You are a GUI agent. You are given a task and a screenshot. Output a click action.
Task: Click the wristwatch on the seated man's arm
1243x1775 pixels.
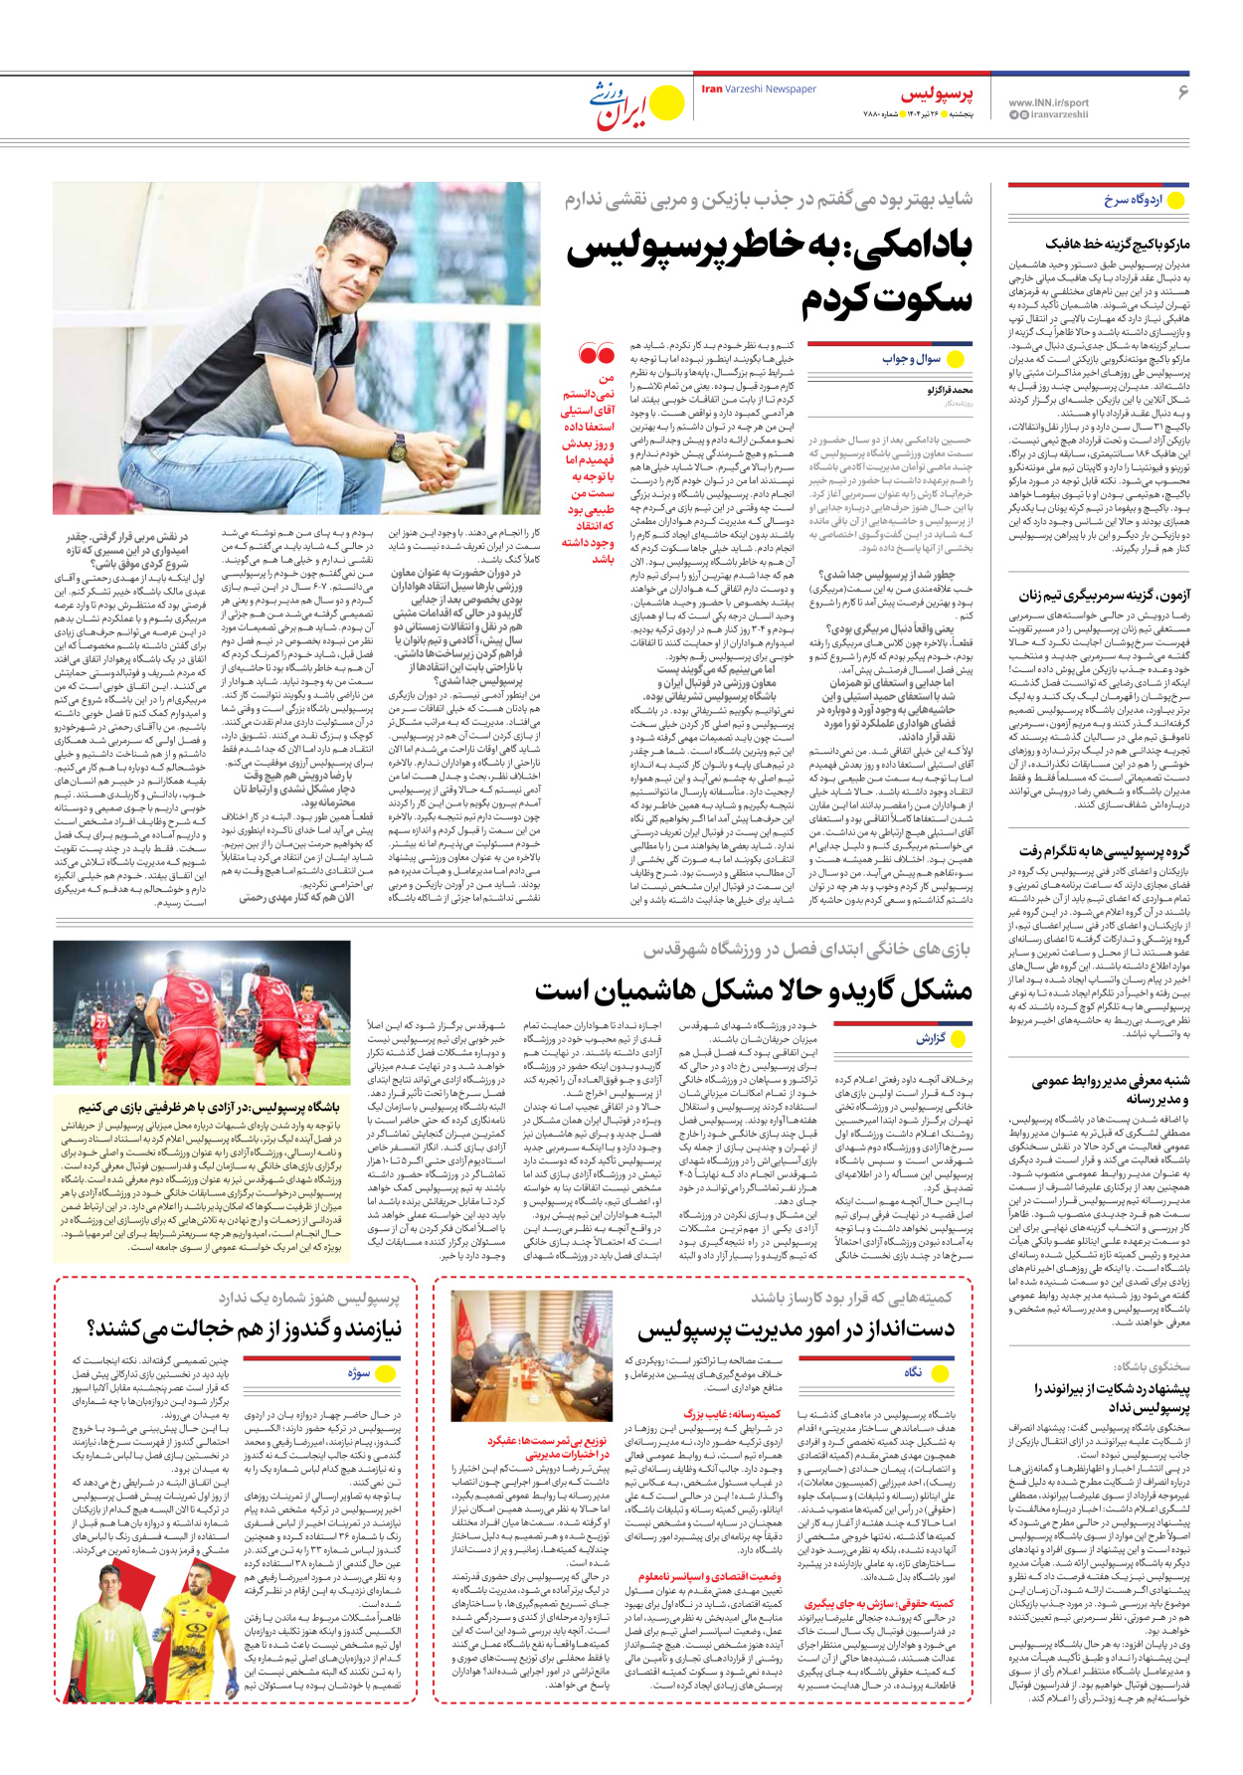399,444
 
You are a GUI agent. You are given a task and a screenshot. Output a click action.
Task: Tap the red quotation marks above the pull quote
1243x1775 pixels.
597,353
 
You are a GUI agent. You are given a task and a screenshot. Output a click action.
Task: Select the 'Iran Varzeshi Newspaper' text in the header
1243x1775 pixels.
759,89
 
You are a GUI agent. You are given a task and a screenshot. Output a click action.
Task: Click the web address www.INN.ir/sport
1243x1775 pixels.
1048,102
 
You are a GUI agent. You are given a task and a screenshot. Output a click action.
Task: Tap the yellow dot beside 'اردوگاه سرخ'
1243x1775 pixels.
1176,200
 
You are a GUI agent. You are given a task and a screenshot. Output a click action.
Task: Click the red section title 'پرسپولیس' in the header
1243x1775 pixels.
937,94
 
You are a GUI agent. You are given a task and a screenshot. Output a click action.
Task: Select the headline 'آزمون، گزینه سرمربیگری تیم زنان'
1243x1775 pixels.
1104,596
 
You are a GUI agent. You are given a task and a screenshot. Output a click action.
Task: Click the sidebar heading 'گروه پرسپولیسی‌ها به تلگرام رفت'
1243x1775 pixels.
1104,851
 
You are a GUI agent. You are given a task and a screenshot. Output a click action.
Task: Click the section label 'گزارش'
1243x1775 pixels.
932,1039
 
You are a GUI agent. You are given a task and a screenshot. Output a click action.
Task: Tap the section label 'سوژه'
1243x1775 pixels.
358,1373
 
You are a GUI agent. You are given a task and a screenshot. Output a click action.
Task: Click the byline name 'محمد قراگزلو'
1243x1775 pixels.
950,391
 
